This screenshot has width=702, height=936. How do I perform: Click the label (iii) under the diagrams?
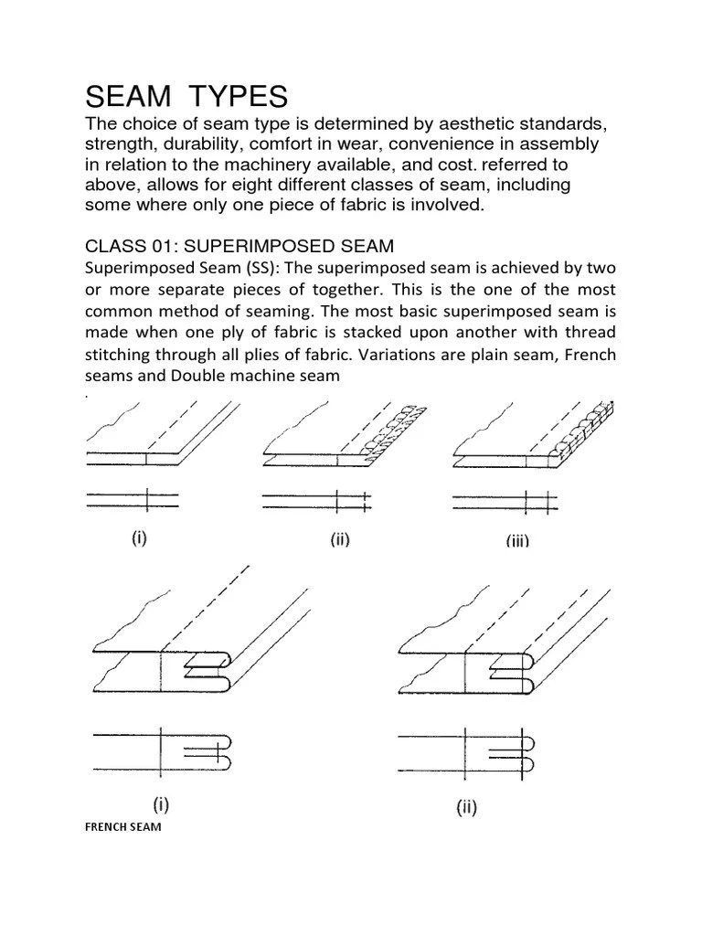click(x=517, y=541)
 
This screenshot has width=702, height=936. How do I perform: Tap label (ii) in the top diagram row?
click(x=340, y=540)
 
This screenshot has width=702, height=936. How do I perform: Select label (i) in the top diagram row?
click(x=138, y=538)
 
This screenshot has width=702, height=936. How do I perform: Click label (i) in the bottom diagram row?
click(x=159, y=805)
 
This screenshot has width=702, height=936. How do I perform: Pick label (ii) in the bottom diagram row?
click(x=466, y=807)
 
